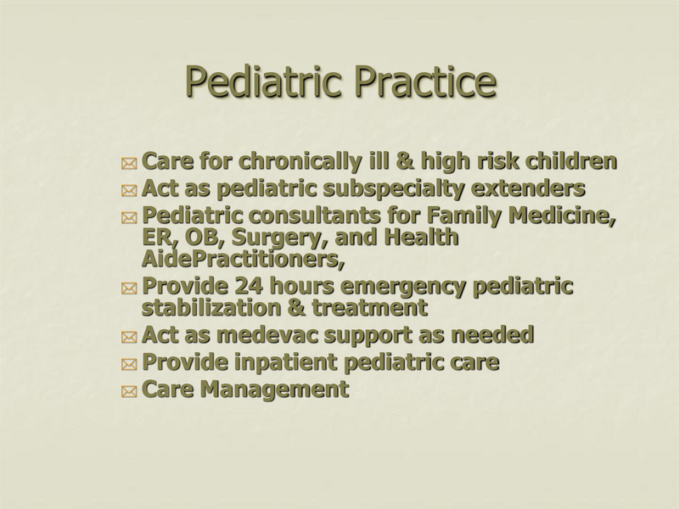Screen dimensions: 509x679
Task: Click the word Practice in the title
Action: (424, 81)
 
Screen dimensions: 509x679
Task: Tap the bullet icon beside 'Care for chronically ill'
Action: (128, 163)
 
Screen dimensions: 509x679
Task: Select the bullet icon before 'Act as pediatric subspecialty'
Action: (128, 190)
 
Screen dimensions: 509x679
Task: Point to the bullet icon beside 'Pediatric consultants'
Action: (128, 218)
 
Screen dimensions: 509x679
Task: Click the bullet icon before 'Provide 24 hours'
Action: (128, 289)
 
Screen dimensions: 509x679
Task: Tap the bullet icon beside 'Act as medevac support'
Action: (128, 338)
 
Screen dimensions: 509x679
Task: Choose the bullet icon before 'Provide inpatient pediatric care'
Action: (128, 365)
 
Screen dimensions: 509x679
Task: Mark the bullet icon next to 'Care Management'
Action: (128, 392)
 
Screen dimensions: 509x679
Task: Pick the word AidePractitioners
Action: (243, 258)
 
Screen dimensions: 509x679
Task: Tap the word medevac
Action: (272, 335)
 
